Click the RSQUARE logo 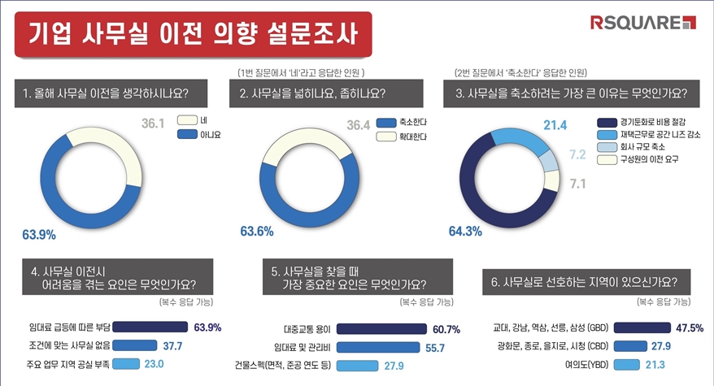[643, 22]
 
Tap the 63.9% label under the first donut [39, 236]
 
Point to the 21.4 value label [554, 124]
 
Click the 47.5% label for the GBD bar [689, 328]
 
